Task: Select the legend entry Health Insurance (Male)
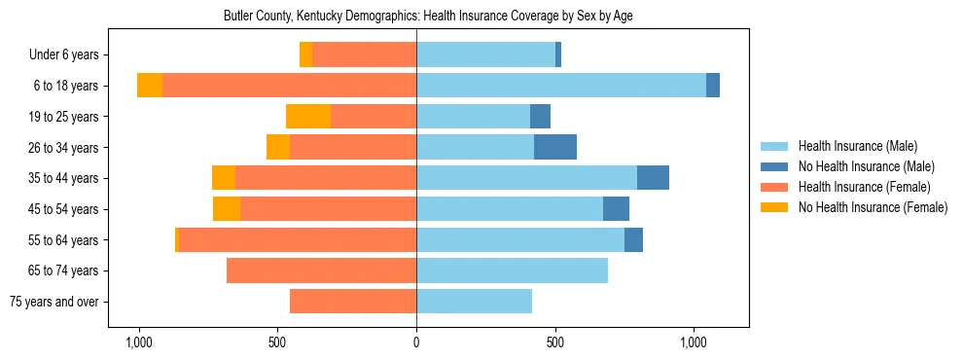coord(857,146)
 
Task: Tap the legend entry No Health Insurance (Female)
coord(873,207)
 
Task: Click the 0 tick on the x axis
coord(416,343)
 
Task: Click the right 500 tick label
coord(555,343)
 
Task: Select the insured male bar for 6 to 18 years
coord(561,86)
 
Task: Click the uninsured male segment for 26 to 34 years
coord(555,147)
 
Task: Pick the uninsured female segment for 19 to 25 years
coord(308,117)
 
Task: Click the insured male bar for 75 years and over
coord(474,302)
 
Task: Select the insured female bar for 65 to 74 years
coord(321,270)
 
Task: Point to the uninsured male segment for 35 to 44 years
coord(653,178)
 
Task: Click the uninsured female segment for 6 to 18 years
coord(150,86)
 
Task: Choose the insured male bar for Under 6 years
coord(485,55)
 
